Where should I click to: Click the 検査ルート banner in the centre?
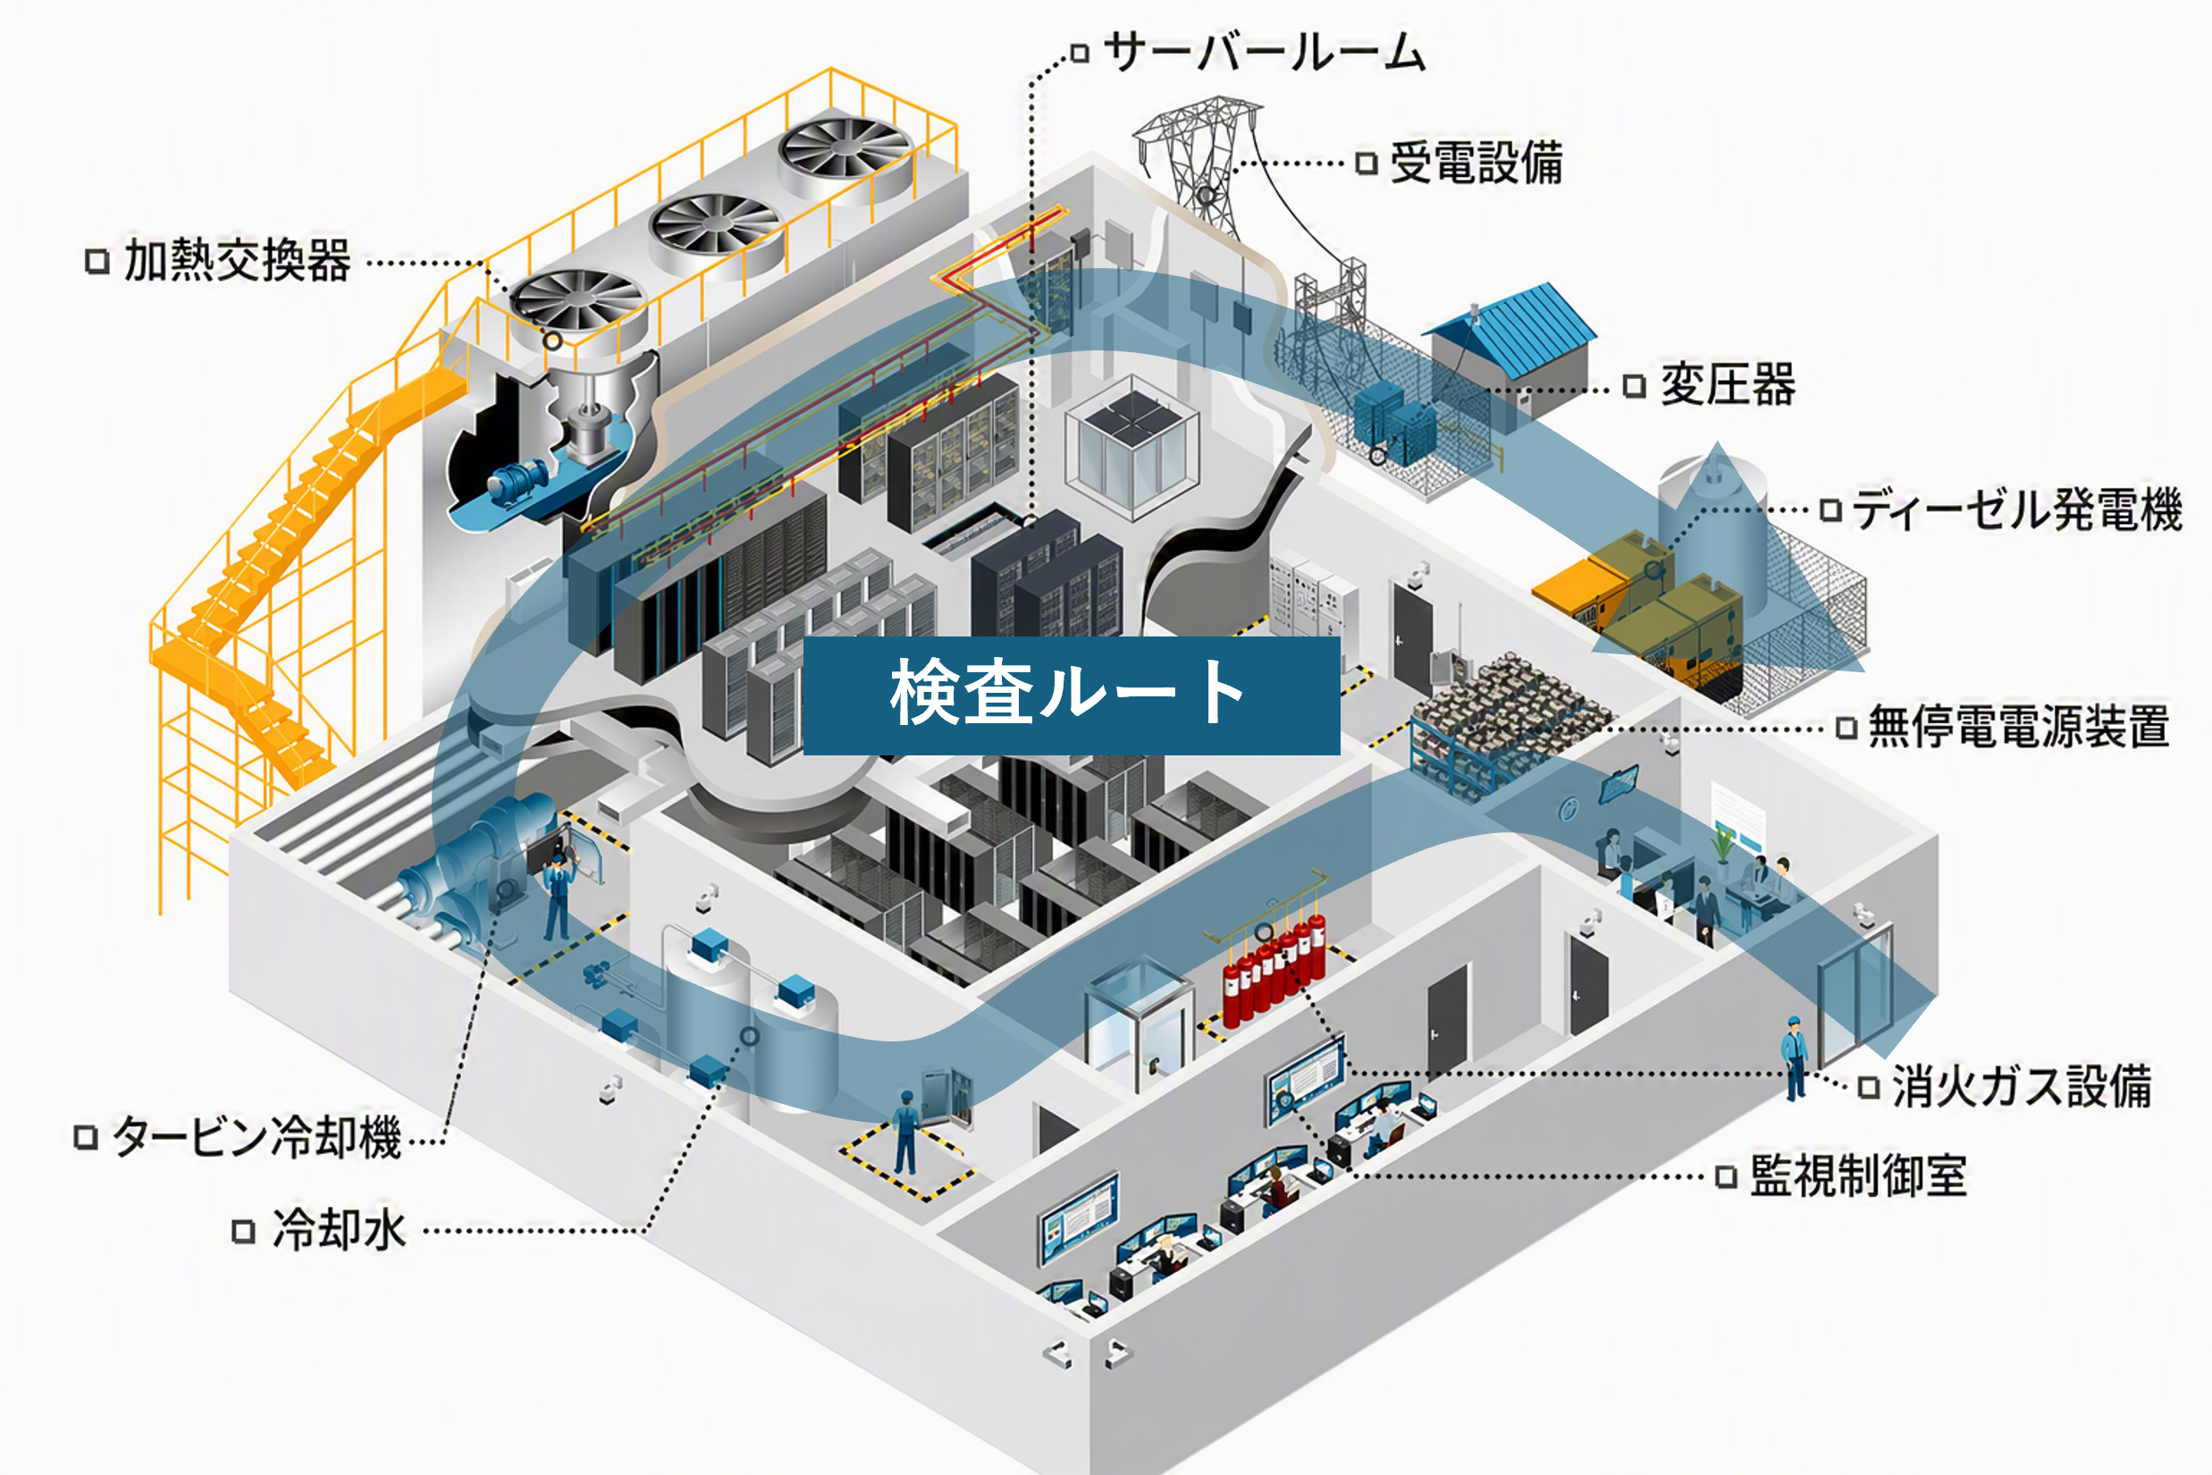coord(1072,695)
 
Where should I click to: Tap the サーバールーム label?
coord(1265,51)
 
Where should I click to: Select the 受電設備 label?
coord(1476,162)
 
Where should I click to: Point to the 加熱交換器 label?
coord(237,259)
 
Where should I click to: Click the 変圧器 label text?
coord(1728,384)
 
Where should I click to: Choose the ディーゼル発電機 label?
coord(2016,510)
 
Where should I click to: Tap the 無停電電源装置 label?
coord(2018,727)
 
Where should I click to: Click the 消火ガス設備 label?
coord(2022,1086)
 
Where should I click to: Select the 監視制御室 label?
coord(1858,1176)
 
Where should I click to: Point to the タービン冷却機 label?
coord(257,1136)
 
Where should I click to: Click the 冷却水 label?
coord(340,1229)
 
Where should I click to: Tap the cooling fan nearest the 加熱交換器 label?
coord(576,303)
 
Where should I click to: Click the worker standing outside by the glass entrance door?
coord(1795,1058)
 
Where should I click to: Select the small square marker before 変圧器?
coord(1635,385)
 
